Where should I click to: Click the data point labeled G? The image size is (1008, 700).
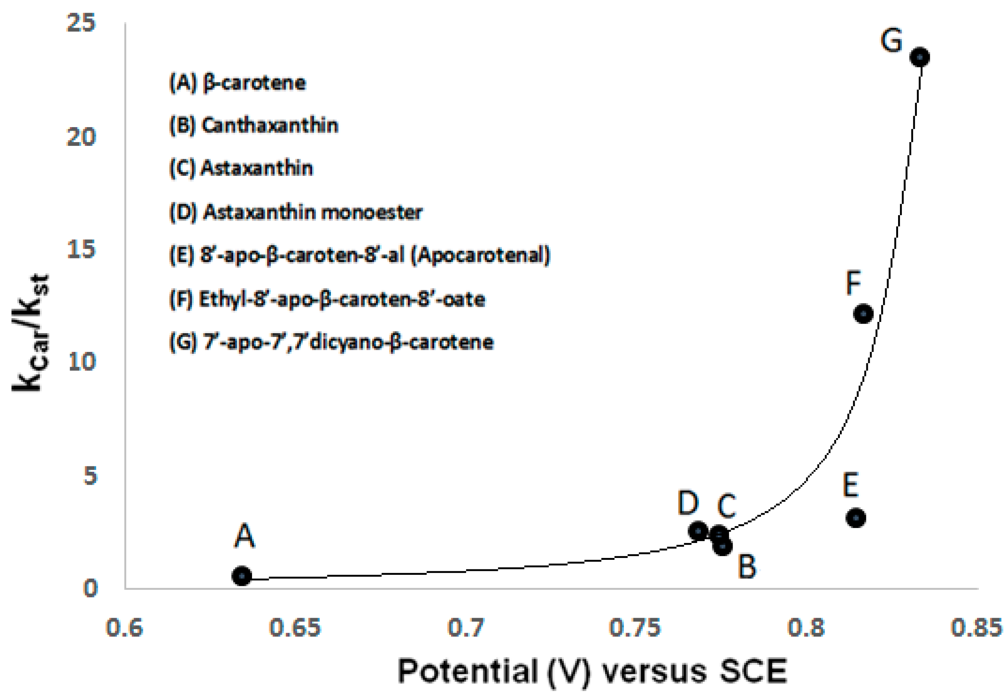[920, 57]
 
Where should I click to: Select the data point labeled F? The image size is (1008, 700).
[863, 314]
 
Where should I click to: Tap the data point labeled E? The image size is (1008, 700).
[855, 518]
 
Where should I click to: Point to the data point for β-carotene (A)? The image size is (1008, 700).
[242, 576]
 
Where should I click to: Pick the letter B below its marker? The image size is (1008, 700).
[747, 566]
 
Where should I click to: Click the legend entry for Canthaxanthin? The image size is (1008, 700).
[254, 126]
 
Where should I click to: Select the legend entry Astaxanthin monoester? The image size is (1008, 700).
[296, 213]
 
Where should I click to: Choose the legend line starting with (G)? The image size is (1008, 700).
[331, 342]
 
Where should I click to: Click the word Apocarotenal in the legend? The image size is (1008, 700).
[480, 255]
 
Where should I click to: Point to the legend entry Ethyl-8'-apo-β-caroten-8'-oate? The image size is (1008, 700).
[327, 299]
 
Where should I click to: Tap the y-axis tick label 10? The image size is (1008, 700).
[82, 362]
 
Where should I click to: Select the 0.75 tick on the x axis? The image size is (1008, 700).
[634, 628]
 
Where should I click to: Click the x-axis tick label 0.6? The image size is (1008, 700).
[124, 628]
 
